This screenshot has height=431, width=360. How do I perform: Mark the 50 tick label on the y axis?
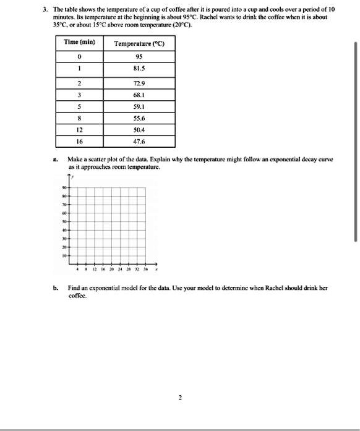pos(64,220)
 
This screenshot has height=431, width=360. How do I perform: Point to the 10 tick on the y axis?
pos(64,254)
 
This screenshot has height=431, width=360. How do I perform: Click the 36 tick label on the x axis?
pos(145,270)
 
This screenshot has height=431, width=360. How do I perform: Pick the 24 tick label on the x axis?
pos(120,270)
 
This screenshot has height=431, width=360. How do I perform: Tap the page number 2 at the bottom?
pos(180,398)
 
